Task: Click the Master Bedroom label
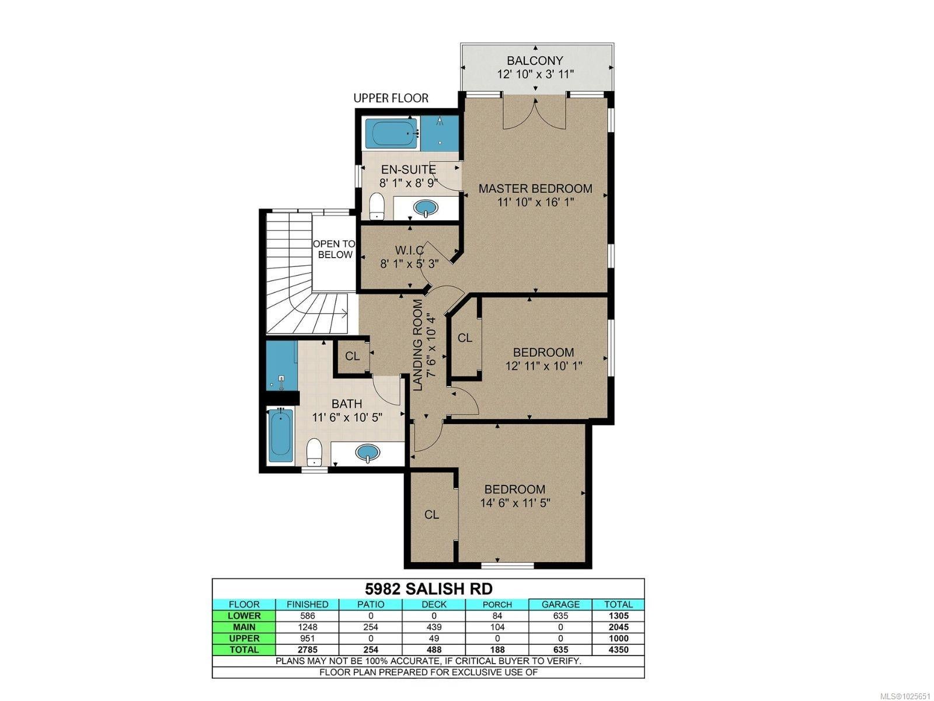point(535,188)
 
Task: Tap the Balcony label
point(535,60)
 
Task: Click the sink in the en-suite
point(426,208)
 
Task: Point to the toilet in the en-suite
point(377,206)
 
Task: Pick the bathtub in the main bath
point(281,435)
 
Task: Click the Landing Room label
point(419,345)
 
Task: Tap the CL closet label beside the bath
point(353,356)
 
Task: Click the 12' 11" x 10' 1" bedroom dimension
point(543,366)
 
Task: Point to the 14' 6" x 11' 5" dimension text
point(515,503)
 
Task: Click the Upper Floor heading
point(391,98)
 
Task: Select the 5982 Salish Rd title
point(428,589)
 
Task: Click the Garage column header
point(560,605)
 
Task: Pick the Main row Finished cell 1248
point(307,627)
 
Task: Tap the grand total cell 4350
point(618,650)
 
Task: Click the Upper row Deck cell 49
point(434,638)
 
